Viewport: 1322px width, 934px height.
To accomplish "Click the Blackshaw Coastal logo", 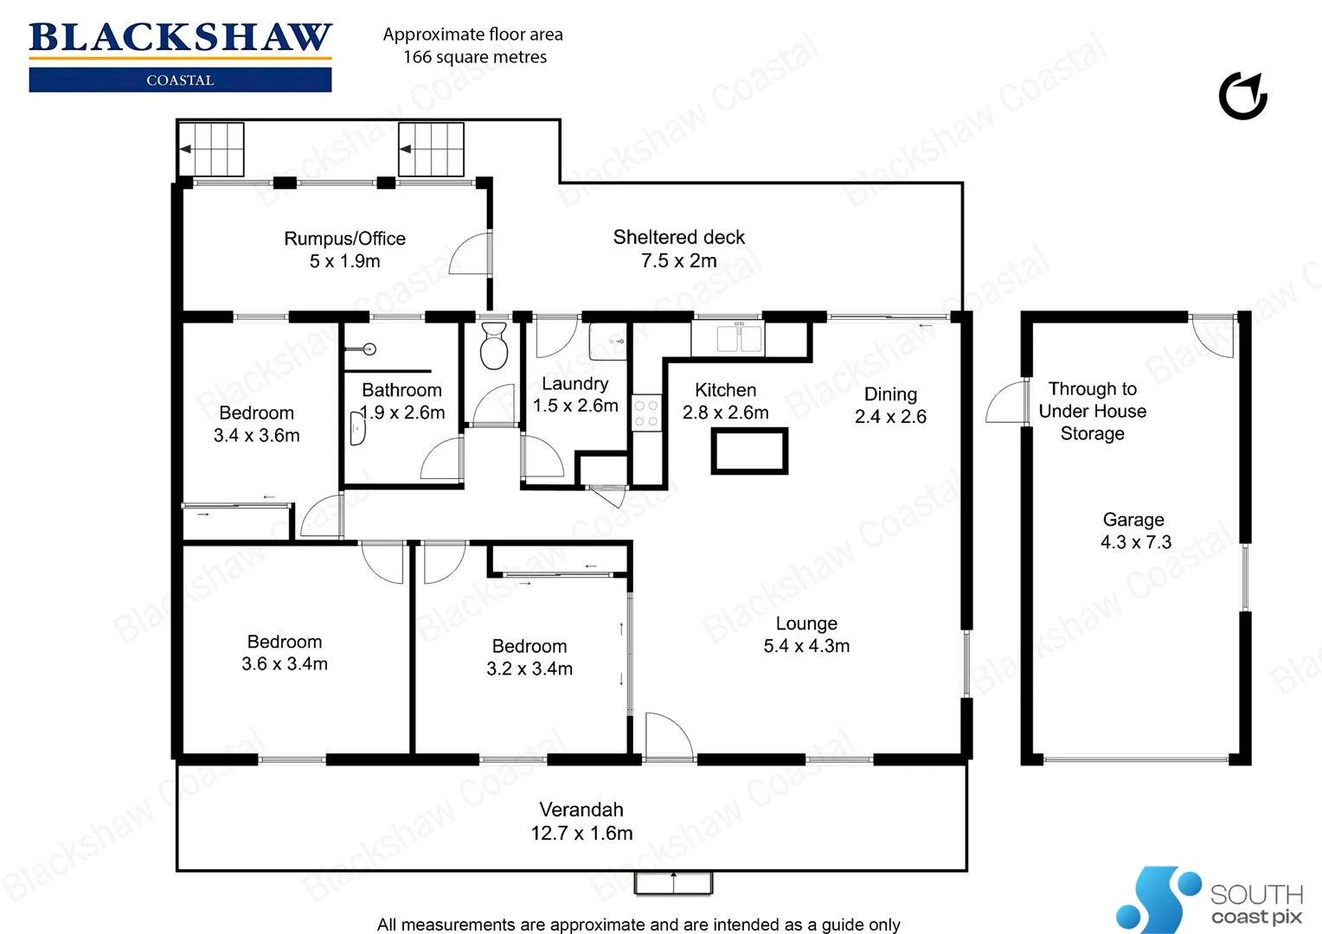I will [180, 55].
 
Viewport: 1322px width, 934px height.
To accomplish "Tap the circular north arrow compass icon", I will [1243, 96].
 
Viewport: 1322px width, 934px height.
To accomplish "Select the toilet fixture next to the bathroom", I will [494, 346].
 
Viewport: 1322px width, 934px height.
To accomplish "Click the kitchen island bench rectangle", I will [749, 451].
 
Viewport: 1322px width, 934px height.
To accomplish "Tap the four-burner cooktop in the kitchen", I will [646, 413].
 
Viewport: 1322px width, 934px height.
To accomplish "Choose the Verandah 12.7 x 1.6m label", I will [581, 821].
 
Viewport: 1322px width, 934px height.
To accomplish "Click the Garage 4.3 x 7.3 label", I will [1134, 530].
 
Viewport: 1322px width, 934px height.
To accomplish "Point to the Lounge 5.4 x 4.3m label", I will [806, 634].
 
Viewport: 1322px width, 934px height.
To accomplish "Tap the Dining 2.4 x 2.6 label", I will [890, 405].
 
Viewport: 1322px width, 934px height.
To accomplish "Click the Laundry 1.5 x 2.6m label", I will [575, 394].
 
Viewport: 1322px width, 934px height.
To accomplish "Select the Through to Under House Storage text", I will [1093, 411].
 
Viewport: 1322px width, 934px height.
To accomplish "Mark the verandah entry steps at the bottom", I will [673, 882].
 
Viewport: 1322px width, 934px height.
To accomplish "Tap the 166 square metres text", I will [475, 57].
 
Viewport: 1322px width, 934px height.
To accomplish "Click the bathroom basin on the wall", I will [356, 428].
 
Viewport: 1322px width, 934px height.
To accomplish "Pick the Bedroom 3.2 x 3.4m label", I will [529, 657].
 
